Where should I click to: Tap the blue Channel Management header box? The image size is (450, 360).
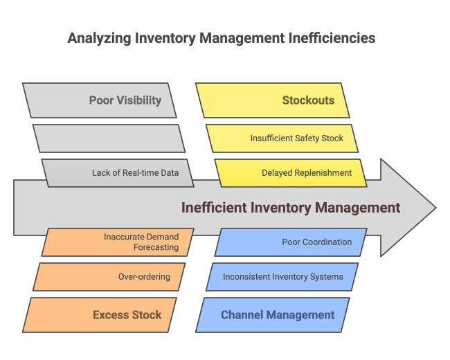273,315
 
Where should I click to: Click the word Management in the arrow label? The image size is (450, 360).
360,208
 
